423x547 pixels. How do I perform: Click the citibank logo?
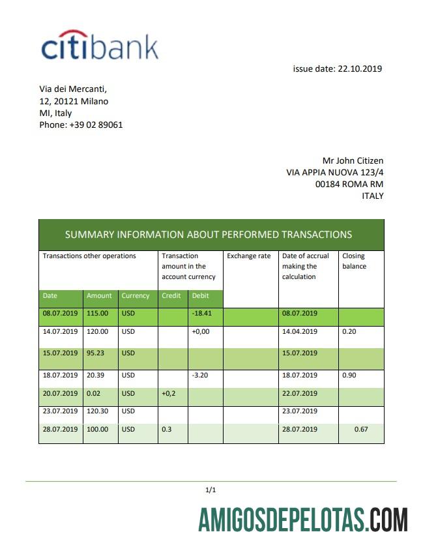coord(100,46)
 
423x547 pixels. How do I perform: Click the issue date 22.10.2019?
coord(337,68)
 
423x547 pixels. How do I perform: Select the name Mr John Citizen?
coord(353,160)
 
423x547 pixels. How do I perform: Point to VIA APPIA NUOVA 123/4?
coord(334,172)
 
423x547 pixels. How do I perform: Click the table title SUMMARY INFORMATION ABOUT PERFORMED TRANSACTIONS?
coord(209,235)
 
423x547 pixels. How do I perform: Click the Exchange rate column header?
coord(248,256)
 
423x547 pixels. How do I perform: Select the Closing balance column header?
coord(355,261)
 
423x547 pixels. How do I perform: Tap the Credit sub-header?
coord(171,295)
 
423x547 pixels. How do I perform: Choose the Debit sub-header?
coord(201,295)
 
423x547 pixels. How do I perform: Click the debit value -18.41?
coord(203,313)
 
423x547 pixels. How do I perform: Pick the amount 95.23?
coord(97,353)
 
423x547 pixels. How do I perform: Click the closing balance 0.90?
coord(350,375)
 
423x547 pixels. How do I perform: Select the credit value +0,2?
coord(169,393)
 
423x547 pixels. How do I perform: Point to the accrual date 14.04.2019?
coord(299,331)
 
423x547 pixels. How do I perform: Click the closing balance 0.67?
coord(362,429)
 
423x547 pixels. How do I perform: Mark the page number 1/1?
coord(211,490)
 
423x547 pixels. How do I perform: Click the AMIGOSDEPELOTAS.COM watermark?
coord(303,521)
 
